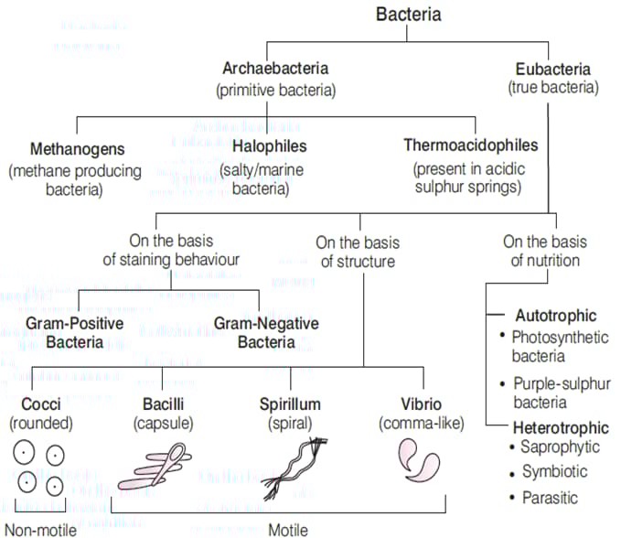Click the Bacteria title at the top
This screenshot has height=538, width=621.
(x=408, y=15)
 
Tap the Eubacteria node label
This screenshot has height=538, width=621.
(x=552, y=69)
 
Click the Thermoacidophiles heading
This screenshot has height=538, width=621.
(x=470, y=146)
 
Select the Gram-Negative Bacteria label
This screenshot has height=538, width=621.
(x=266, y=333)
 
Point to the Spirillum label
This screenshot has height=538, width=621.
(x=292, y=404)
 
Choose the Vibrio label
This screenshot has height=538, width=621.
(x=421, y=404)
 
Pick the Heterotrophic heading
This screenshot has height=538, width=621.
(x=561, y=427)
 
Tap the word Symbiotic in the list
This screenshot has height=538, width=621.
(x=554, y=471)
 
